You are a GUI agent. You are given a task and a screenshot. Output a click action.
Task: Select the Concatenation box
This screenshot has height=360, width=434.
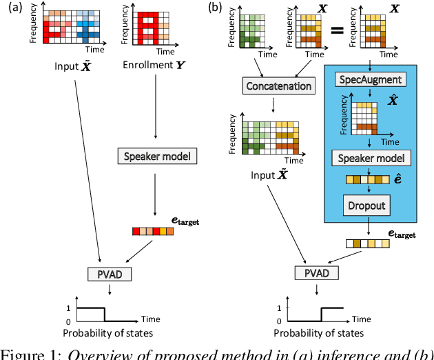[x=277, y=86]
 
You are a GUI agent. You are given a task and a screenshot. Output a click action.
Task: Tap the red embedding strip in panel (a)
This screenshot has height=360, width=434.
[x=152, y=232]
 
